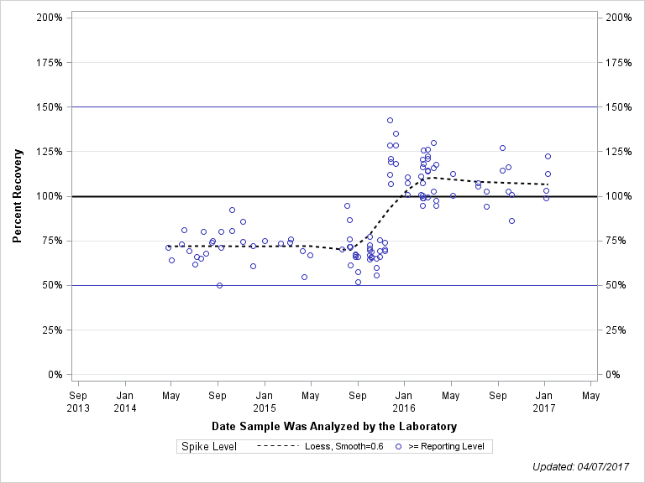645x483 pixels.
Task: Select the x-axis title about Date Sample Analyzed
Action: coord(334,426)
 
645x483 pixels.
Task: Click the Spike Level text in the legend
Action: coord(209,446)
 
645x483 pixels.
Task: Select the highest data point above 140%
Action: coord(390,121)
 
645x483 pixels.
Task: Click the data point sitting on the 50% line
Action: coord(219,285)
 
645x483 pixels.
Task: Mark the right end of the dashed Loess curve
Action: coord(548,184)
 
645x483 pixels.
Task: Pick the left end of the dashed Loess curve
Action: coord(168,247)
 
